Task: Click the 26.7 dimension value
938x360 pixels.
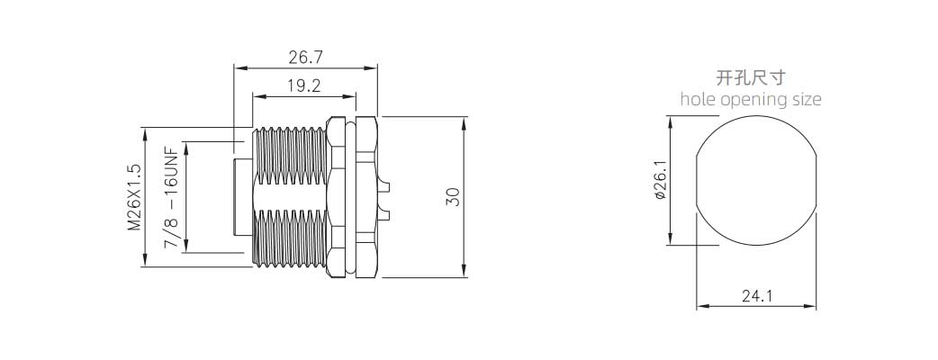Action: point(306,58)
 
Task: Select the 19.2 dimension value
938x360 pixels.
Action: point(304,86)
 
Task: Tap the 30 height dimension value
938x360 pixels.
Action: point(454,197)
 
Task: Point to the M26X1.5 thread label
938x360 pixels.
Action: point(134,197)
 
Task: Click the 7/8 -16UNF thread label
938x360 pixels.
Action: point(172,198)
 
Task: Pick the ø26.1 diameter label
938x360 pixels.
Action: point(660,180)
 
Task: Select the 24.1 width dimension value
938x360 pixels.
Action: point(757,295)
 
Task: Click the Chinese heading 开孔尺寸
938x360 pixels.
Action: point(750,77)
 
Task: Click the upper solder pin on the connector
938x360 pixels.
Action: point(383,186)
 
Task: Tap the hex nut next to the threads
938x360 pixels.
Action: point(336,197)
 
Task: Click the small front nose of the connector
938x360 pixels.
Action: point(243,197)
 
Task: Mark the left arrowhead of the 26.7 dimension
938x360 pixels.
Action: point(239,68)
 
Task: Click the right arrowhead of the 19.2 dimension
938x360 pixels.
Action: point(350,96)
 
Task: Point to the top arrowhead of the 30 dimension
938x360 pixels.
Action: point(464,121)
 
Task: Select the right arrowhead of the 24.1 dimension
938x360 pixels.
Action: point(811,307)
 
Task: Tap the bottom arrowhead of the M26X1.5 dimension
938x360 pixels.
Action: point(144,261)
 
